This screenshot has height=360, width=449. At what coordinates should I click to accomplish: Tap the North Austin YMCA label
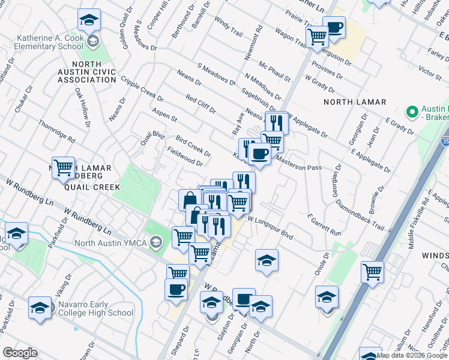point(111,243)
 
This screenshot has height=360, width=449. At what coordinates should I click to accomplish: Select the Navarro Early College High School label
point(95,308)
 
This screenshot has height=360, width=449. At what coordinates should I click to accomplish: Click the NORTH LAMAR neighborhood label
point(355,102)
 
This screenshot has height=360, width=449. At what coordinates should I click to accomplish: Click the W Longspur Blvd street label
point(270,228)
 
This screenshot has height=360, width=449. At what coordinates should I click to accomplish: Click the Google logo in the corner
point(20,353)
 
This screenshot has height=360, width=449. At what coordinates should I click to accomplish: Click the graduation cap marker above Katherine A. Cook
point(89,21)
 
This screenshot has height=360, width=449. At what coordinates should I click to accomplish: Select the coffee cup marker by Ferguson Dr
point(334,26)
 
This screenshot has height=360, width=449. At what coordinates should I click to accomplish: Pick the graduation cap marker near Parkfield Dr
point(17,233)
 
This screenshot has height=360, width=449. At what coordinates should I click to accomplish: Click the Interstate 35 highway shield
point(445,142)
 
